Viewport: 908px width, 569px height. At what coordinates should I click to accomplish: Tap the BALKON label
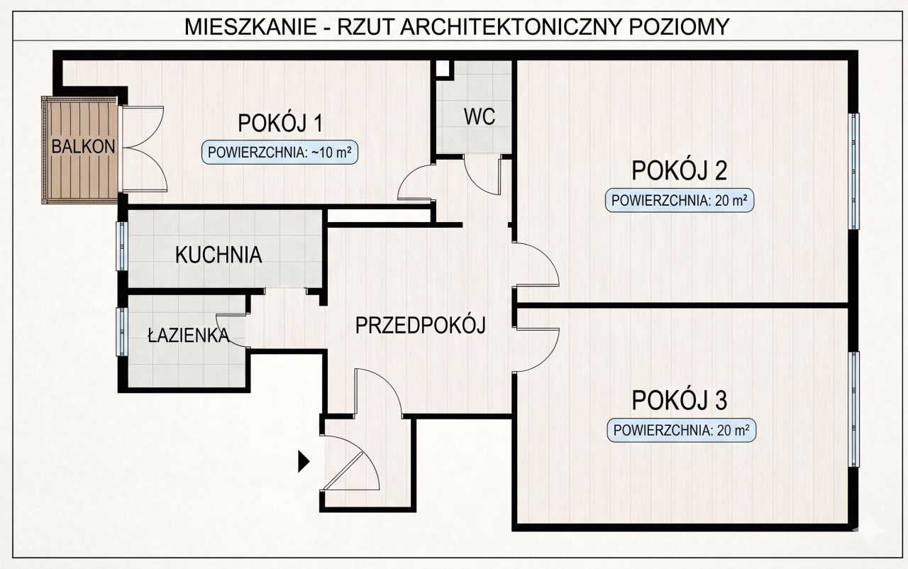click(83, 147)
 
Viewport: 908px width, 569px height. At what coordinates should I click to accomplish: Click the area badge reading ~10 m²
click(279, 152)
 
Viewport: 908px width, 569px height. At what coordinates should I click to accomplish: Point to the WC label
click(480, 117)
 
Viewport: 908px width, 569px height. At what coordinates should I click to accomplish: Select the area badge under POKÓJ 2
click(679, 201)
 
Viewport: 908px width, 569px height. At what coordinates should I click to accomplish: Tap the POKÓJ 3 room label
click(680, 401)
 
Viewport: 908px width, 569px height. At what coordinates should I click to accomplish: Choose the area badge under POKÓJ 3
click(681, 430)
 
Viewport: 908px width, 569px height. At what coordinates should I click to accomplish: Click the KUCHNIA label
click(218, 255)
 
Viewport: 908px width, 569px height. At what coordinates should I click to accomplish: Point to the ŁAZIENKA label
click(187, 336)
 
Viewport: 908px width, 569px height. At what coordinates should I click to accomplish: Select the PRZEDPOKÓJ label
click(420, 326)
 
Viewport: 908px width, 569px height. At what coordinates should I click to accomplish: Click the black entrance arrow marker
click(304, 462)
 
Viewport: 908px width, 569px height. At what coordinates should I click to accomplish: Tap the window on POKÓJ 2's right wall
click(855, 171)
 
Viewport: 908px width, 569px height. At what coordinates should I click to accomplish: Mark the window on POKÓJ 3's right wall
click(855, 409)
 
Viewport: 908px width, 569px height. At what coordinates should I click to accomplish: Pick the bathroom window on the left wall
click(121, 331)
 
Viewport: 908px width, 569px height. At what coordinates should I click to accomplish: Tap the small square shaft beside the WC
click(443, 69)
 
